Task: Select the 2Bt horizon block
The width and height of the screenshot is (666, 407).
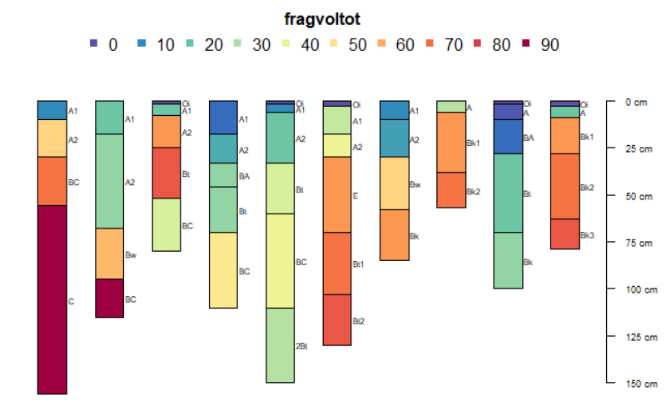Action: coord(280,344)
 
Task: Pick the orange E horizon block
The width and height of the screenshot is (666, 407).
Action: coord(336,194)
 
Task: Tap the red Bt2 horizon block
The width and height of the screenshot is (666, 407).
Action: coord(336,319)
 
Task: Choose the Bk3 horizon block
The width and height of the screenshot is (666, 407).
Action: coord(564,234)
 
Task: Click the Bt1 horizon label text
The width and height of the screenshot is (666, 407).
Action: coord(359,264)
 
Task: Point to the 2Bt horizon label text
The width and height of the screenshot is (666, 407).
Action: coord(302,345)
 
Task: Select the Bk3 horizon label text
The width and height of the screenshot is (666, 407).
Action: coord(587,234)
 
